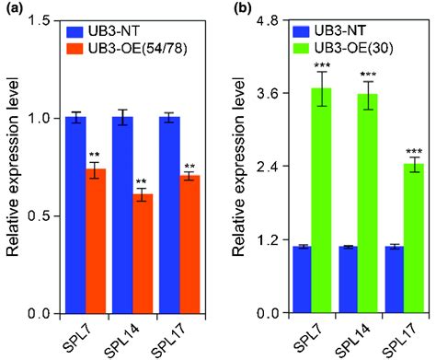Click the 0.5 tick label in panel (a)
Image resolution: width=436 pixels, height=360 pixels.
tap(40, 216)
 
